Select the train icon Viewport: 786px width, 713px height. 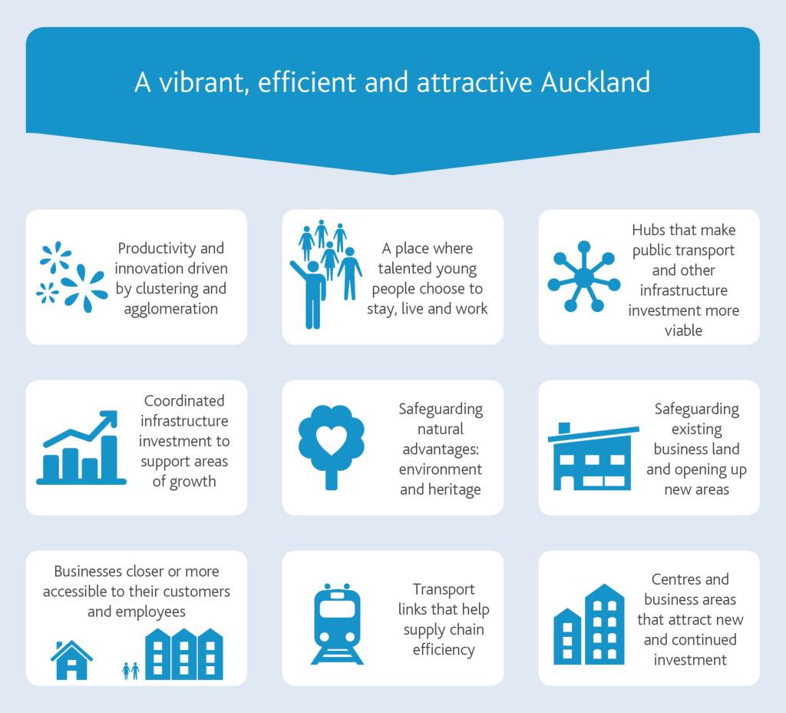337,625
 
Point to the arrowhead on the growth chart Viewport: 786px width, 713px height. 110,419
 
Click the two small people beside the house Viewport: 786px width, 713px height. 130,671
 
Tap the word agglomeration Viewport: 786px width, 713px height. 170,309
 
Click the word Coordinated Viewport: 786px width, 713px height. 184,401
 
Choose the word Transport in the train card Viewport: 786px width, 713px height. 444,589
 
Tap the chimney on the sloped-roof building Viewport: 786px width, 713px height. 564,427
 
